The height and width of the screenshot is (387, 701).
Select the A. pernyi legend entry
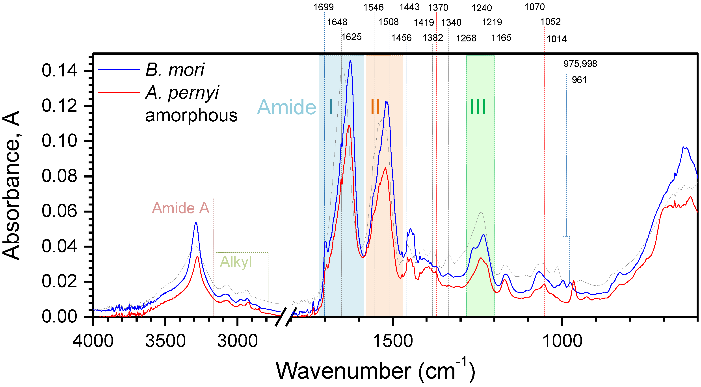point(182,93)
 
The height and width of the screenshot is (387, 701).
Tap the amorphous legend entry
point(191,116)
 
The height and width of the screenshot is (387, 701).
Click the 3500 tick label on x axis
point(165,341)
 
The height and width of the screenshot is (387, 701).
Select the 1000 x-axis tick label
point(562,341)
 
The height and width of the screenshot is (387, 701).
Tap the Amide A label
point(181,208)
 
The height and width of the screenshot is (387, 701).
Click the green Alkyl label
point(236,262)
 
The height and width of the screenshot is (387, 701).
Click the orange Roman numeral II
point(376,107)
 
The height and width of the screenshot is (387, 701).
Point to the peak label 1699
point(323,7)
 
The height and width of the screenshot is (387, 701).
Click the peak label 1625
point(351,37)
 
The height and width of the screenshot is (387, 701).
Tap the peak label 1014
point(556,39)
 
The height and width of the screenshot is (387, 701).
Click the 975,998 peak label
point(580,64)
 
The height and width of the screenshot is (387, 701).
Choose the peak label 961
point(579,80)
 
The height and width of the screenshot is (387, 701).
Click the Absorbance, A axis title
point(11,185)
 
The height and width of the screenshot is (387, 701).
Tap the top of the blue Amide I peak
point(350,60)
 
